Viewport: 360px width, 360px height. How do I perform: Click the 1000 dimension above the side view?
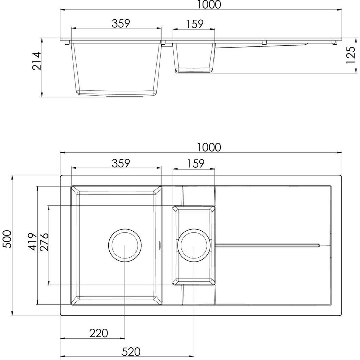coord(209,5)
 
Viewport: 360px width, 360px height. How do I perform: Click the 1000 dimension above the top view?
coord(209,147)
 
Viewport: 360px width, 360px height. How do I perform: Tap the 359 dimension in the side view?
coord(121,23)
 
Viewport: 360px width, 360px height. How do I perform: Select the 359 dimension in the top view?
coord(121,163)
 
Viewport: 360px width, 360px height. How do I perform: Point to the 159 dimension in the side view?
coord(195,24)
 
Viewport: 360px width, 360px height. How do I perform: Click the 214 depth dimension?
coord(37,61)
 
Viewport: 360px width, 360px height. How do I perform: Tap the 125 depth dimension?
coord(351,56)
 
